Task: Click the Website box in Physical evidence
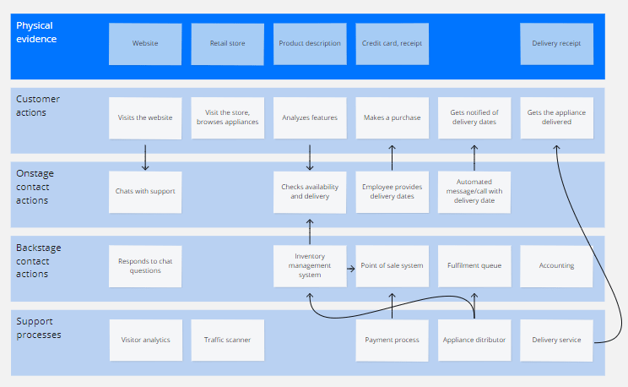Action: click(144, 44)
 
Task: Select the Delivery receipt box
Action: click(556, 44)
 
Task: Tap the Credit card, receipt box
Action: click(392, 44)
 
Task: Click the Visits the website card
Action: click(144, 118)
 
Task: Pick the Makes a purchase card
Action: click(392, 118)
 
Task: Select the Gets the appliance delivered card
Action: click(556, 118)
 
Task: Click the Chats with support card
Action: click(144, 192)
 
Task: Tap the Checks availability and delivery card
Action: click(309, 192)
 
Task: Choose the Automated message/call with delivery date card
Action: click(474, 192)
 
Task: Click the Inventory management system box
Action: click(309, 265)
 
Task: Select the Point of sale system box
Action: click(392, 265)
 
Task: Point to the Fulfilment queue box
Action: click(474, 265)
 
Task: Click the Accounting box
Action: click(556, 265)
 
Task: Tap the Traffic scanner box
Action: click(227, 340)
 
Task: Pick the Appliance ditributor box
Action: click(474, 340)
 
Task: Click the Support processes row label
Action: click(39, 329)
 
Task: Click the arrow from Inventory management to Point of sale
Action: click(350, 266)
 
